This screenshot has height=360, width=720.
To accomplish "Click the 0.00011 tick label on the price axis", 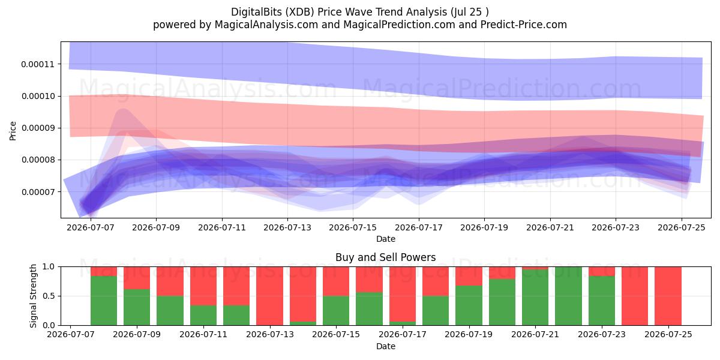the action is coord(38,64).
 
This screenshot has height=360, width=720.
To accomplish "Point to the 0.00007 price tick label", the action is coord(38,192).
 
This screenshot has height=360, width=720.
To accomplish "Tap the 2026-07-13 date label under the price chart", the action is coord(287,227).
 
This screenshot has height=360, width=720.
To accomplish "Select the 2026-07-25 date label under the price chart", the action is coord(682,227).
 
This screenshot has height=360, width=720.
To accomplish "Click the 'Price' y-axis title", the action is coord(13,131).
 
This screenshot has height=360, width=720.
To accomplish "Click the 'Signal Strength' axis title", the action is coord(33,296).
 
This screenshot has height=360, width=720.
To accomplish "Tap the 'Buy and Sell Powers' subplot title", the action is coord(386,257).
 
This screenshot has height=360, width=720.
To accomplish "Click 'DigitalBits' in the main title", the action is coord(257,12).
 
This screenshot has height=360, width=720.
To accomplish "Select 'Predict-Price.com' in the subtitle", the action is coord(524,25).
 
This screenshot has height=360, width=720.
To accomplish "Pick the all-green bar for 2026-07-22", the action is coord(568,296).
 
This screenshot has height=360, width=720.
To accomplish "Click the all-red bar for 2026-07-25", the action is coord(668,296).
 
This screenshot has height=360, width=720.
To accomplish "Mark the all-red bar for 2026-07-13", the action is coord(269,296).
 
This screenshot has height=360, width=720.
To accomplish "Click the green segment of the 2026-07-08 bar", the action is coord(104,301).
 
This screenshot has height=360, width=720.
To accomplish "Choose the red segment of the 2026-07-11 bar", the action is coord(203,286).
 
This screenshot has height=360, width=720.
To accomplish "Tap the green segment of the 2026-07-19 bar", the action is coord(469,305).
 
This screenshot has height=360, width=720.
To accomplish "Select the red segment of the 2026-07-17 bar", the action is coord(403,294).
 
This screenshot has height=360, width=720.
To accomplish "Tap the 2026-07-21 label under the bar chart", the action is coord(535,334).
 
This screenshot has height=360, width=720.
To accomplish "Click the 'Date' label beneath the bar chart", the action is coord(386,346).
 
